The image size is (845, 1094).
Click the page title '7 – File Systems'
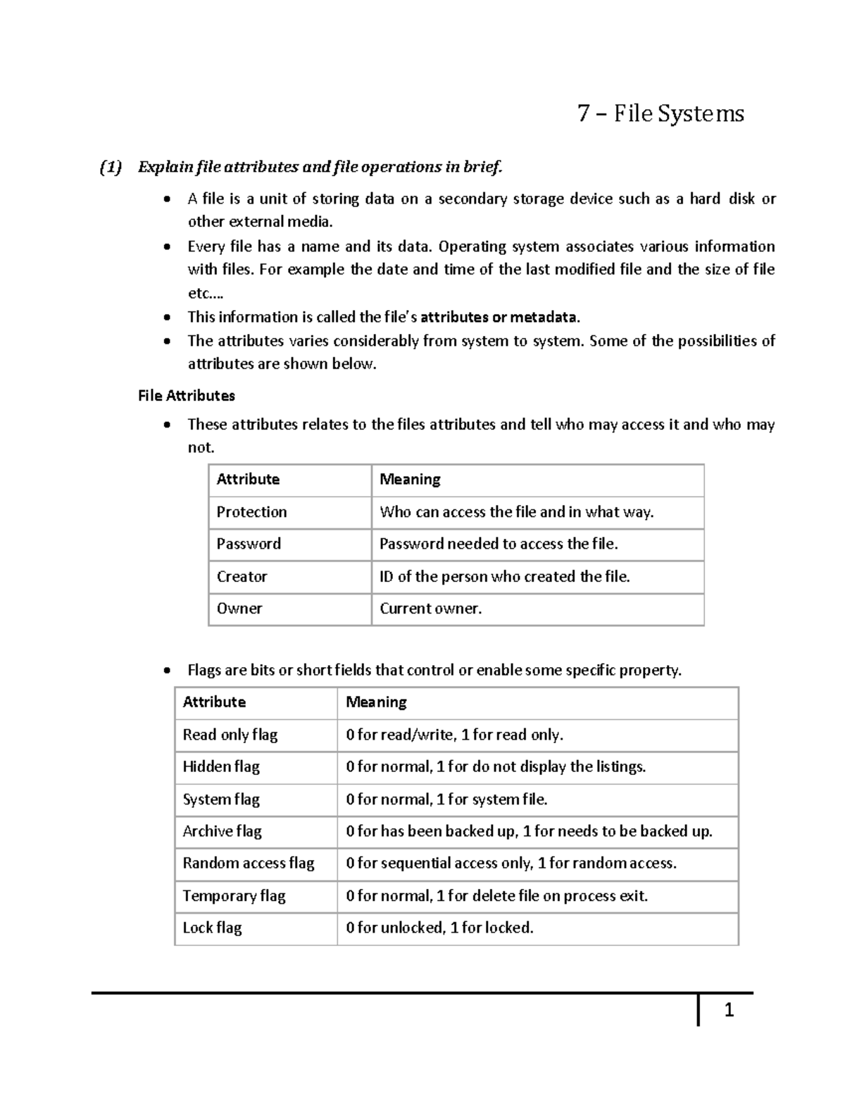[x=660, y=113]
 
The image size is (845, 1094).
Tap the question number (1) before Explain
[x=111, y=167]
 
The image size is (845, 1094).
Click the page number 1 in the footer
[x=729, y=1010]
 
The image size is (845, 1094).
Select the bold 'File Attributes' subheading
[x=187, y=396]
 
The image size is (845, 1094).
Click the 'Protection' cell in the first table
[x=251, y=512]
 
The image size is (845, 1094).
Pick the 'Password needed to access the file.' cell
[x=499, y=544]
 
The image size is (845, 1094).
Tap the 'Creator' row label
[x=242, y=576]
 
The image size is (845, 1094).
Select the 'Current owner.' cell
[x=430, y=609]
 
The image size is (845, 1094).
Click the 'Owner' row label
[x=239, y=609]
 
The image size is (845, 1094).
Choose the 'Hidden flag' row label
[x=221, y=766]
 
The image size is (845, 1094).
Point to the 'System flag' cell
[x=221, y=800]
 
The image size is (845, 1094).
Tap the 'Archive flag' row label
[x=222, y=831]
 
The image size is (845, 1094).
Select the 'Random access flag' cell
[x=249, y=863]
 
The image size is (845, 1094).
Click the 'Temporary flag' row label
[x=234, y=896]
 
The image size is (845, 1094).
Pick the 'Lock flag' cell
[x=212, y=928]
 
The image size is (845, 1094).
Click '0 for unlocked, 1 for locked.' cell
[x=439, y=928]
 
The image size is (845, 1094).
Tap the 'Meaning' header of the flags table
[x=376, y=702]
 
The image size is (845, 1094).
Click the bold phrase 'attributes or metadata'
[x=499, y=317]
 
